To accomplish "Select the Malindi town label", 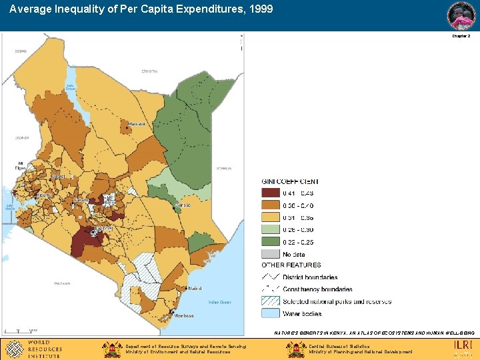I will point(195,289).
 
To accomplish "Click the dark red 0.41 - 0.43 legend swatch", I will point(271,194).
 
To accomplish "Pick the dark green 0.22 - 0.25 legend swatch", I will point(271,242).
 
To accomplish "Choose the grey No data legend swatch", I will point(271,254).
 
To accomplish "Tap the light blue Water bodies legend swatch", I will point(271,313).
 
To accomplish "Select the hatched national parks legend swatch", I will point(271,301).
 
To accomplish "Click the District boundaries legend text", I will point(310,277).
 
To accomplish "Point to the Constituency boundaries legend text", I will point(317,289).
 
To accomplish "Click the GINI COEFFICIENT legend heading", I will point(290,181).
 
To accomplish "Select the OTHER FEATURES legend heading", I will point(291,265).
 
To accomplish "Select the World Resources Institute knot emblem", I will point(13,349).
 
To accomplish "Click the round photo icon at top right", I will point(461,15).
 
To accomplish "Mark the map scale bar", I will point(20,331).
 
